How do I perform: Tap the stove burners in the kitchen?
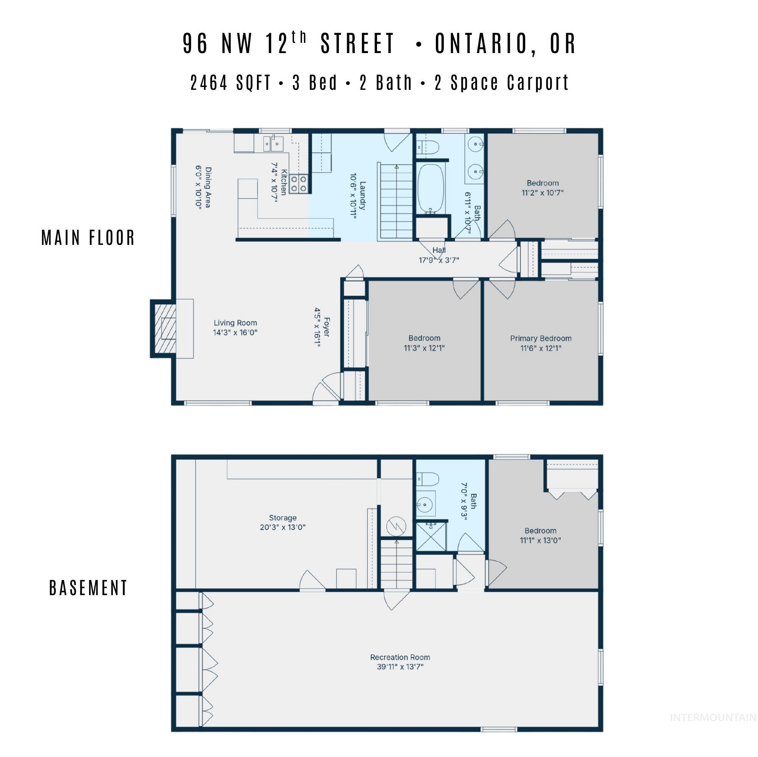(x=299, y=183)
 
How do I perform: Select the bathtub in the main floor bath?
(x=431, y=188)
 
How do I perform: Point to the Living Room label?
(x=235, y=328)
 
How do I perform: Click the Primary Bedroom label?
(x=541, y=343)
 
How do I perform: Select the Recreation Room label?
(x=400, y=661)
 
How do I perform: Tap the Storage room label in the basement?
(x=282, y=522)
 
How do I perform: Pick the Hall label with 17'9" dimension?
(x=439, y=255)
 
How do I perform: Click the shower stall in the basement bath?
(x=431, y=536)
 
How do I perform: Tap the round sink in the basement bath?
(x=424, y=503)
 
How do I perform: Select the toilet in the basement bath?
(x=427, y=479)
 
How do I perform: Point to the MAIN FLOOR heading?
(x=88, y=238)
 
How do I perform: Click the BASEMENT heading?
(x=88, y=588)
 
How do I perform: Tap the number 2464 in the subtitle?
(x=209, y=83)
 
